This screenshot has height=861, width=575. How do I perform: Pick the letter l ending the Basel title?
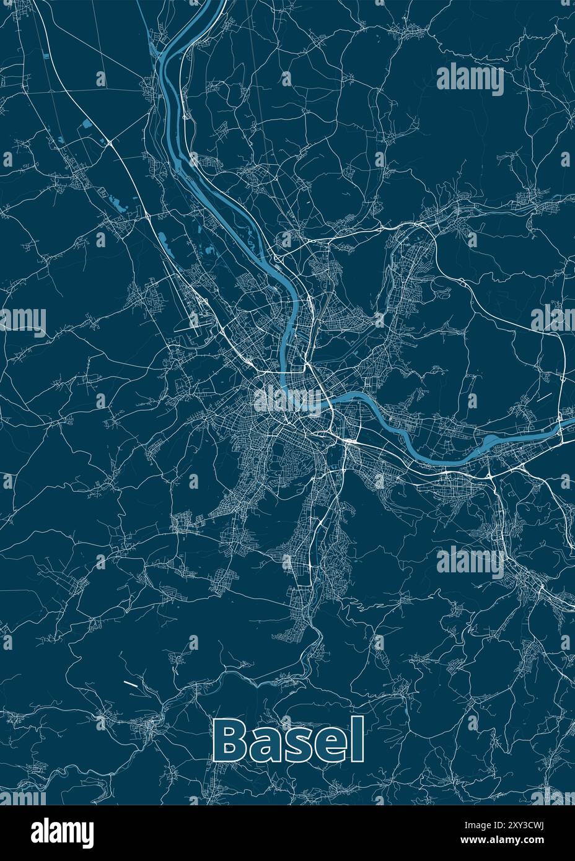pos(358,740)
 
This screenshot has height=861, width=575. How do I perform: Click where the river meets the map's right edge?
pos(573,423)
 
